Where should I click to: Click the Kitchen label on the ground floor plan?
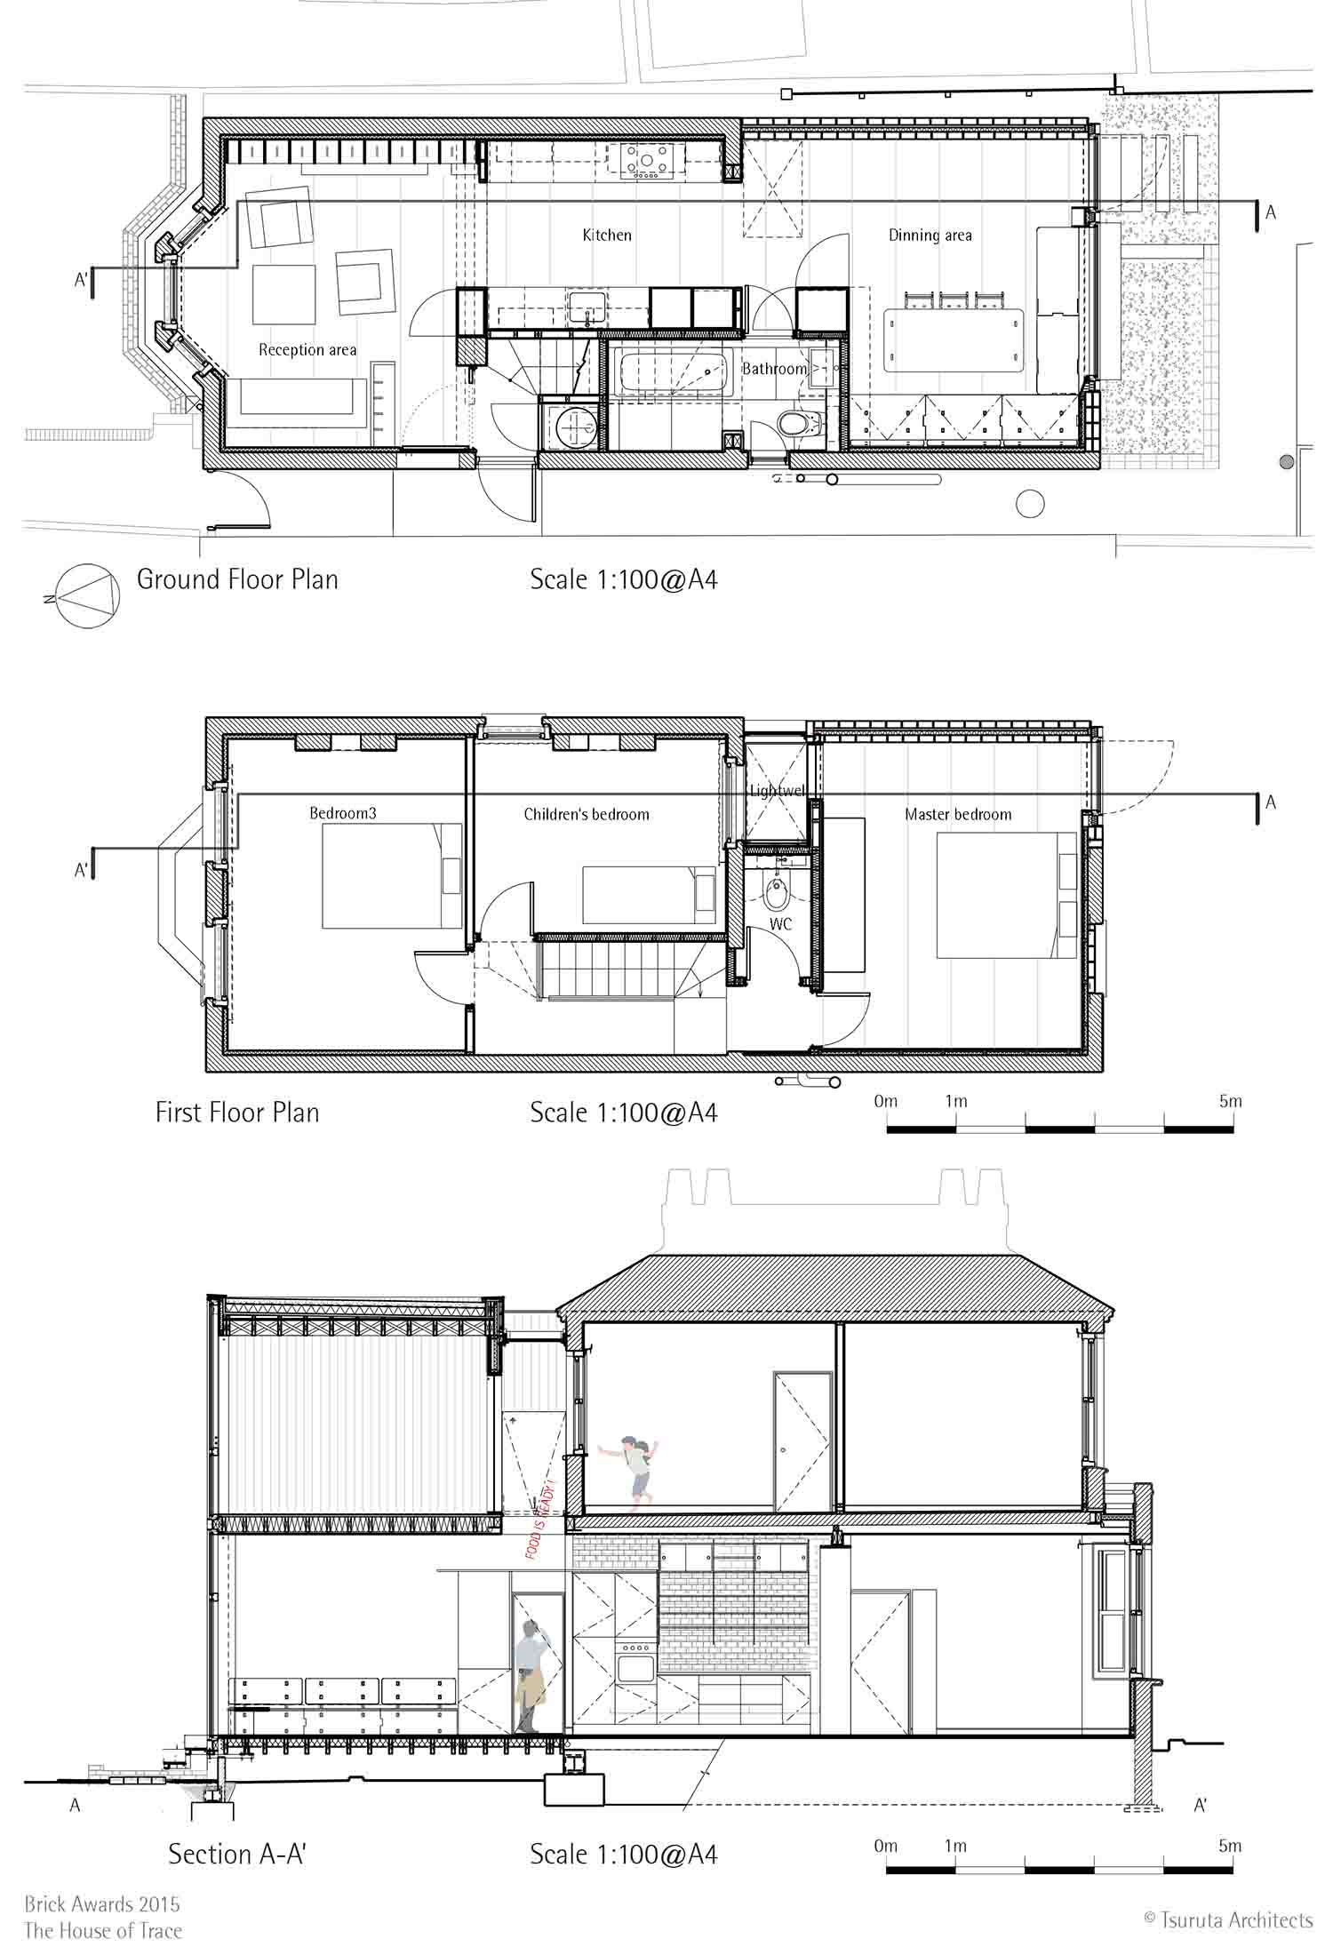[607, 235]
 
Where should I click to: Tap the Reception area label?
[307, 350]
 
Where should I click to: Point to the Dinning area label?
[930, 235]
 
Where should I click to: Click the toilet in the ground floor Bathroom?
[797, 422]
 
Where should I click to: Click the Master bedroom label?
[958, 814]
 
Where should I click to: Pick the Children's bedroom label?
[587, 814]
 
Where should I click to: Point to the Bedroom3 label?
[343, 813]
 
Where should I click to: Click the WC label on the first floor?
[780, 925]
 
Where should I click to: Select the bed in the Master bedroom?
[1007, 894]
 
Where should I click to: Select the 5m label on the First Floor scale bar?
[1231, 1101]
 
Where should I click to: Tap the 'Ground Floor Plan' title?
[237, 579]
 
